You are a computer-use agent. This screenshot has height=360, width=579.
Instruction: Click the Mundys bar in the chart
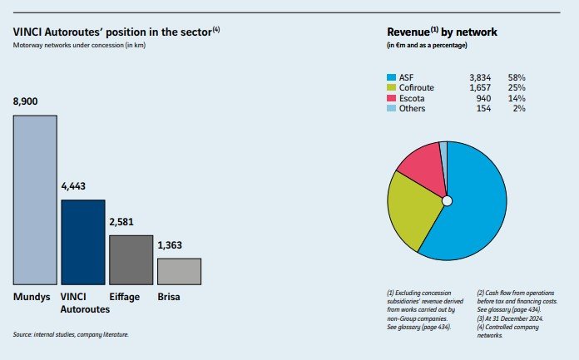[x=35, y=200]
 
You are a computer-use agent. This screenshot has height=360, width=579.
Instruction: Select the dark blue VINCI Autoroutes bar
[x=83, y=242]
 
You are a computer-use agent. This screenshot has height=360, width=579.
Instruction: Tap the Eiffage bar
[x=131, y=259]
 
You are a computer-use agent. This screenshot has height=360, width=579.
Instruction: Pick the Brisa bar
[x=179, y=271]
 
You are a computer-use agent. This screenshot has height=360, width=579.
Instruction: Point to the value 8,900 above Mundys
[x=27, y=101]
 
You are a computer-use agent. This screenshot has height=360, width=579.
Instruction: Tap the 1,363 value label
[x=171, y=244]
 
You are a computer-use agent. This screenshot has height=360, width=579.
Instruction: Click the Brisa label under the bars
[x=171, y=297]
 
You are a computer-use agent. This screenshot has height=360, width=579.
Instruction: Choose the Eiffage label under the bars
[x=126, y=297]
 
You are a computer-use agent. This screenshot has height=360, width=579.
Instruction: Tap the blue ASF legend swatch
[x=393, y=76]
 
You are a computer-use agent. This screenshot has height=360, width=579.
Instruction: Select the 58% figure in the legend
[x=518, y=76]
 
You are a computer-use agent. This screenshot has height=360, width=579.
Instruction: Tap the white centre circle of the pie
[x=447, y=200]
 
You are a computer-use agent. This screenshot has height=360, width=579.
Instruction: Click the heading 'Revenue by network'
[x=443, y=32]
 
